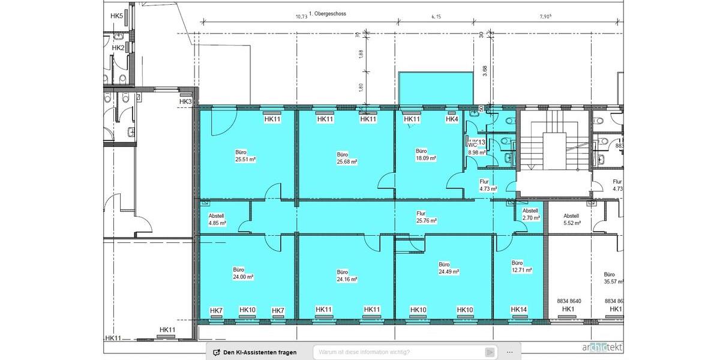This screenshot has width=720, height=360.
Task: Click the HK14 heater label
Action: pyautogui.click(x=519, y=310)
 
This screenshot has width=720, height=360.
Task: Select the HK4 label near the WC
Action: pyautogui.click(x=452, y=119)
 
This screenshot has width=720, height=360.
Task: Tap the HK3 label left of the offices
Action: pyautogui.click(x=185, y=102)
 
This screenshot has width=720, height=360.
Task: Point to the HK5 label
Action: pyautogui.click(x=117, y=16)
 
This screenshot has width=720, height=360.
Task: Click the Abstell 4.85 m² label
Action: pyautogui.click(x=217, y=219)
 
